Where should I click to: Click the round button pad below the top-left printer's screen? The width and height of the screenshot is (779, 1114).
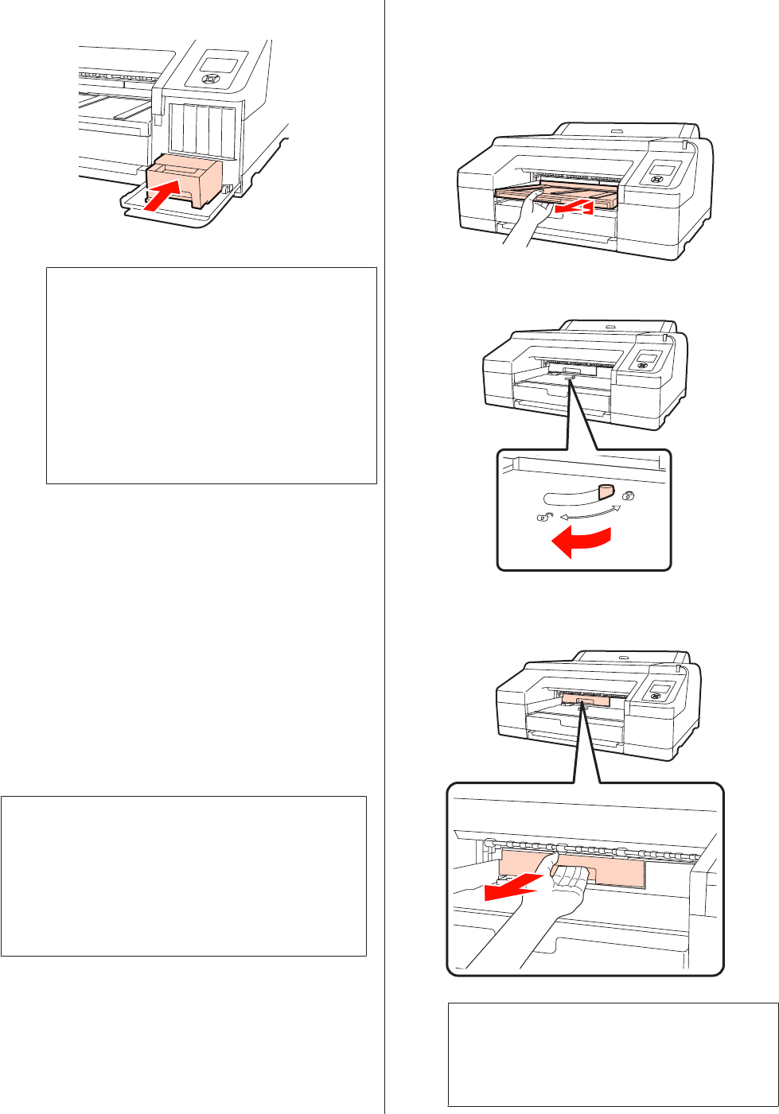coord(212,79)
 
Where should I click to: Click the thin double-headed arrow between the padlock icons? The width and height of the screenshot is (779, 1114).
coord(588,512)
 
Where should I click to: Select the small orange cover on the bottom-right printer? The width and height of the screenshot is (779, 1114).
coord(586,699)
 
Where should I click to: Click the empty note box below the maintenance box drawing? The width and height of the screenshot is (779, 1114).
coord(211,375)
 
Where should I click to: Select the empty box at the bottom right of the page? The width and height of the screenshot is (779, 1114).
coord(613,1054)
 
